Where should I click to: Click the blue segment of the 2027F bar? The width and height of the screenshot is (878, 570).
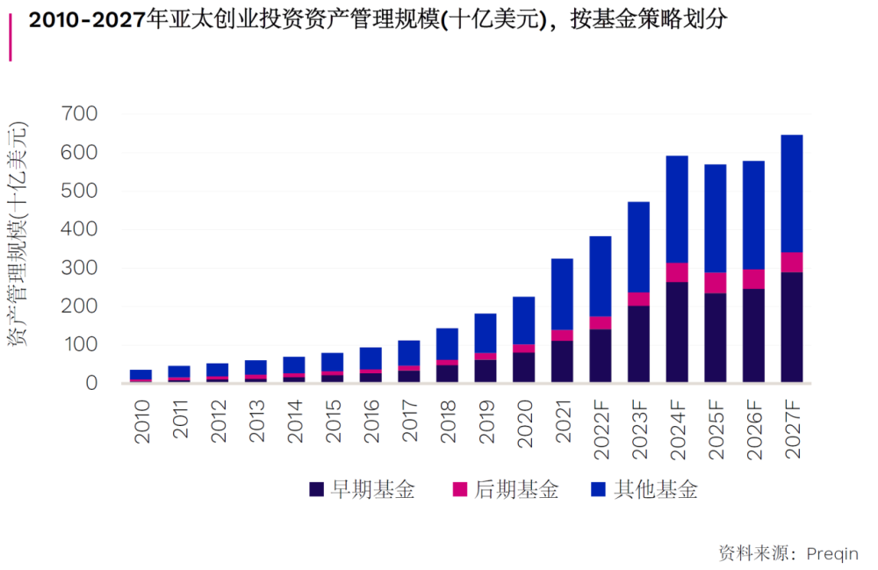pyautogui.click(x=792, y=194)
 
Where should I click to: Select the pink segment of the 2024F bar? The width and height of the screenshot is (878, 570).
pyautogui.click(x=677, y=272)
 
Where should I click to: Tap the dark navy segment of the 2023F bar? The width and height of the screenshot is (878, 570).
pyautogui.click(x=639, y=343)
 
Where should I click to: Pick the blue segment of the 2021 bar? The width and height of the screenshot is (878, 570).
pyautogui.click(x=562, y=294)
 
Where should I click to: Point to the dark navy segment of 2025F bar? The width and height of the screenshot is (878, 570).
pyautogui.click(x=716, y=337)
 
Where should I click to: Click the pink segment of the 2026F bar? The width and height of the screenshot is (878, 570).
pyautogui.click(x=753, y=279)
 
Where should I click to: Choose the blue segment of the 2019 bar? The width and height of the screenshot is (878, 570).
pyautogui.click(x=486, y=333)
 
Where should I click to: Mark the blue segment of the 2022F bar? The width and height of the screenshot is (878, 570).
pyautogui.click(x=601, y=277)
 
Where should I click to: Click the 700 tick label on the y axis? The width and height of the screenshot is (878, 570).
pyautogui.click(x=79, y=113)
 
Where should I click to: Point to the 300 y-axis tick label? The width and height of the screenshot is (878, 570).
pyautogui.click(x=79, y=268)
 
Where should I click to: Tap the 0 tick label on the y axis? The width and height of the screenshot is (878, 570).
pyautogui.click(x=91, y=383)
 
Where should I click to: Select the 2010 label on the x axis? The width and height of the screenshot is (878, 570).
pyautogui.click(x=142, y=421)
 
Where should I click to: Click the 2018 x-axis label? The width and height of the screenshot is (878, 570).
pyautogui.click(x=448, y=421)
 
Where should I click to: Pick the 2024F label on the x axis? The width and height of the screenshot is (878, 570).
pyautogui.click(x=678, y=429)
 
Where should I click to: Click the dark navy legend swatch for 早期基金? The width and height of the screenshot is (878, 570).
pyautogui.click(x=316, y=489)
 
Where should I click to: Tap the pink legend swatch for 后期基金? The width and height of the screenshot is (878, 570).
pyautogui.click(x=460, y=489)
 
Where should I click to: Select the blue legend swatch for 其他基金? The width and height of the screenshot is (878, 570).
pyautogui.click(x=599, y=489)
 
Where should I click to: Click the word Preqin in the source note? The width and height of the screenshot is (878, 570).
pyautogui.click(x=832, y=554)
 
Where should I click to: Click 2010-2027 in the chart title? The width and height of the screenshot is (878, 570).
pyautogui.click(x=87, y=20)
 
